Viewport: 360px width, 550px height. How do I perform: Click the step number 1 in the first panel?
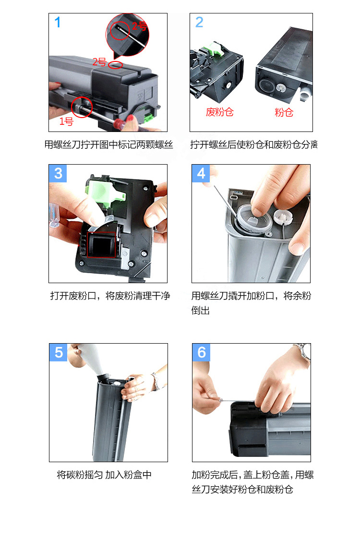58,23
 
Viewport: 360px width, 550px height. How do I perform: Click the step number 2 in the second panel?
199,23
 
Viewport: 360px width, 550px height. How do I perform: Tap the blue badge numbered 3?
58,173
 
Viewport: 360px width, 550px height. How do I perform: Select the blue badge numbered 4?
201,173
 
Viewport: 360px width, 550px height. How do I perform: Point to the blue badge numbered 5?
59,352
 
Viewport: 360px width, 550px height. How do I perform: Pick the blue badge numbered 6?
202,352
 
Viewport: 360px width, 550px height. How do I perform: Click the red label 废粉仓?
220,112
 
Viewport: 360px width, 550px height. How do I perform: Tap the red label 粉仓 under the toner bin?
284,112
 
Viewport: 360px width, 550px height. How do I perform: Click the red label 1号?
66,121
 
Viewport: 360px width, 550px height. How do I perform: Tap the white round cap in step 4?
283,217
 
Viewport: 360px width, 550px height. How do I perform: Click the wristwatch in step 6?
302,353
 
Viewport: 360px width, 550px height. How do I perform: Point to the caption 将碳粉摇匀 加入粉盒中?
104,475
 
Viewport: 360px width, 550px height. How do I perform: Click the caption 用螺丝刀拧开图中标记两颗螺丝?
109,144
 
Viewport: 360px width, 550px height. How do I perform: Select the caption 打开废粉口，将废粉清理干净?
110,296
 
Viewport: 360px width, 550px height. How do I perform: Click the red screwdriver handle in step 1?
121,123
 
